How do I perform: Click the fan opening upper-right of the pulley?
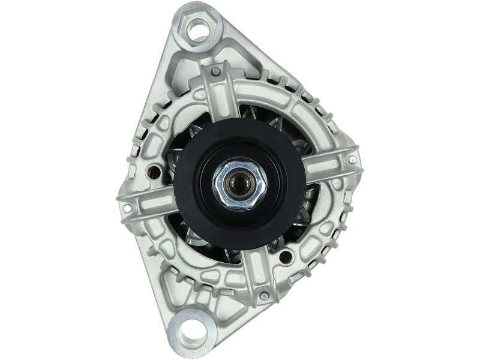coord(282,129)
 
